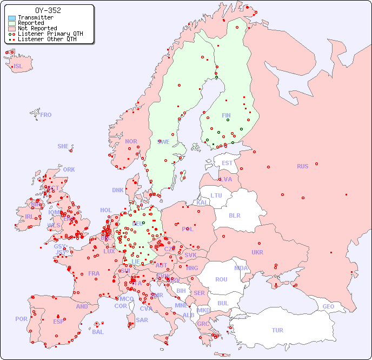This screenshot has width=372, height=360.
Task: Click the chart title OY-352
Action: (48, 10)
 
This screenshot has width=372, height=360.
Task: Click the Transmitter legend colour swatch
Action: (12, 18)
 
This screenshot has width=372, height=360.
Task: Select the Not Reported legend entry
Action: (37, 29)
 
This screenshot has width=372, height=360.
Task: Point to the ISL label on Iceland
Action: (18, 67)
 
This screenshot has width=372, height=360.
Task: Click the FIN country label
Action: (226, 115)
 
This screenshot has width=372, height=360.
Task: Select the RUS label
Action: (302, 166)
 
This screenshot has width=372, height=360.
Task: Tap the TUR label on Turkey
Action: (277, 330)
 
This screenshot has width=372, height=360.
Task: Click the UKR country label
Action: (257, 252)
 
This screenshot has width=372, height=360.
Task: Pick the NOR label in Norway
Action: (131, 141)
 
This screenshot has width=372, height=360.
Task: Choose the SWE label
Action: (163, 142)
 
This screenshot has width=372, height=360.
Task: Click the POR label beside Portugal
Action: (21, 319)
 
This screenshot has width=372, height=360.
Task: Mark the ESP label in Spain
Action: (58, 321)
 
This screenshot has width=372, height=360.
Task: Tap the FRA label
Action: (94, 273)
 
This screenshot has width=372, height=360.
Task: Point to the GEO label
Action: (328, 306)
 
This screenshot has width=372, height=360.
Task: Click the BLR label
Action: (234, 215)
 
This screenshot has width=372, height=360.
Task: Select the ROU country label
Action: (221, 279)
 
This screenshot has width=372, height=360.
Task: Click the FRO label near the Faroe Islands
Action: (45, 115)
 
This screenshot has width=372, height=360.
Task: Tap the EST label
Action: (227, 163)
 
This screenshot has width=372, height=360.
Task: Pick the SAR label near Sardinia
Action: (142, 320)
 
